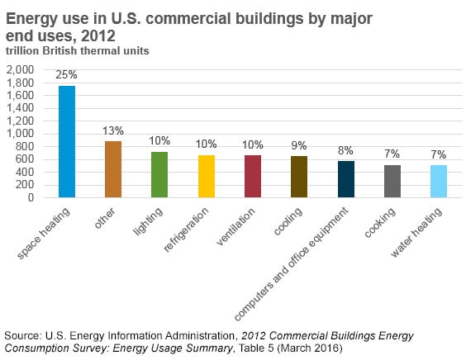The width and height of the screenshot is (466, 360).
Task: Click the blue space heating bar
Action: click(x=67, y=142)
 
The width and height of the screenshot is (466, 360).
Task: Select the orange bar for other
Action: click(x=113, y=169)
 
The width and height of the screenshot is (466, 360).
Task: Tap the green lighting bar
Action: click(x=159, y=175)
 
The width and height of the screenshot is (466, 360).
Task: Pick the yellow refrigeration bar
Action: click(x=207, y=176)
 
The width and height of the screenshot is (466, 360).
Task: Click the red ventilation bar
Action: click(x=253, y=176)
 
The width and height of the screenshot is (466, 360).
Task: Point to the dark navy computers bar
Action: click(x=346, y=179)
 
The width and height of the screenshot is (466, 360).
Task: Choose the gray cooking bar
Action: click(x=392, y=181)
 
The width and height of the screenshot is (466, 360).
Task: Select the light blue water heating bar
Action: click(x=439, y=181)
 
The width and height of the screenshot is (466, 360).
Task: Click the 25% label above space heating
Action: click(x=66, y=74)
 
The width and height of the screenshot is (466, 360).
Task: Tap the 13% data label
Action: click(x=113, y=130)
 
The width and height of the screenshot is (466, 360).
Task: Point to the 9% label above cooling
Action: click(x=298, y=145)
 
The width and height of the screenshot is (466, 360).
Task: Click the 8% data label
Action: click(x=345, y=150)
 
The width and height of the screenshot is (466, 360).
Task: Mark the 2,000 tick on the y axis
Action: click(x=20, y=70)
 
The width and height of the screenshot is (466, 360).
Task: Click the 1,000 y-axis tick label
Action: click(x=20, y=134)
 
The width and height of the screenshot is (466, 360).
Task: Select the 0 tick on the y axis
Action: click(x=31, y=197)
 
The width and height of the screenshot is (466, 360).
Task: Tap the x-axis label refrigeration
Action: click(x=186, y=229)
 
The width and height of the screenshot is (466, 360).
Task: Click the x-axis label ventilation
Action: click(x=235, y=226)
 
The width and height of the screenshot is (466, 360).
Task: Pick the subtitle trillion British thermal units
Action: click(x=78, y=51)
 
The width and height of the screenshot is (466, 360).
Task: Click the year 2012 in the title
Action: click(x=98, y=36)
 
